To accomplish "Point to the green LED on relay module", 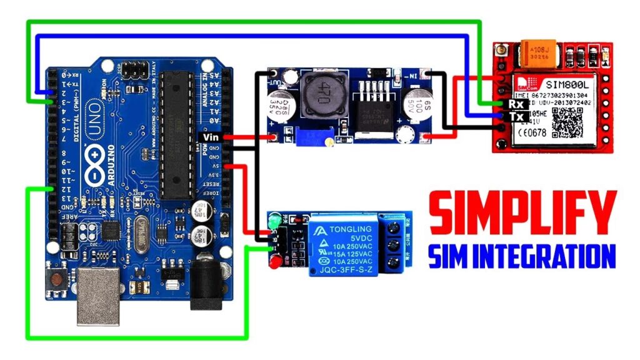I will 272,221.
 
